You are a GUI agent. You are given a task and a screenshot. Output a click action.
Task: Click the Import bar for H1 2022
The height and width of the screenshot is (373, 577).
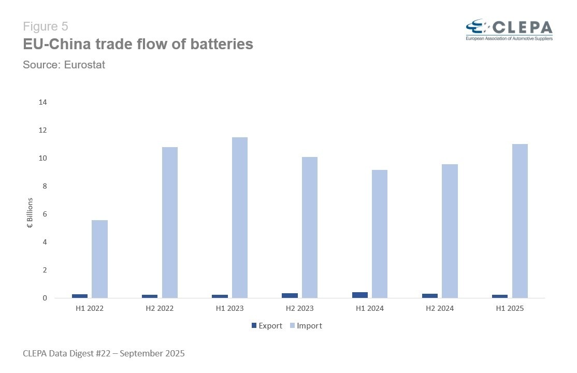tap(100, 259)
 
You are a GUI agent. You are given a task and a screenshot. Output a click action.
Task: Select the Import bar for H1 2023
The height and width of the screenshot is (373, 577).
tap(240, 218)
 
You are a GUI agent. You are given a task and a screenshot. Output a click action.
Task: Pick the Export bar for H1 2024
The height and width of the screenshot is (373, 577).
tap(360, 295)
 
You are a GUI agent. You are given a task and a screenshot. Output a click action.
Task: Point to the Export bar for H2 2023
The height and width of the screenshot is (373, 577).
tap(290, 295)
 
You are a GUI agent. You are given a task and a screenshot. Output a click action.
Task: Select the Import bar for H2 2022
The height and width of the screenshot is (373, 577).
tap(170, 223)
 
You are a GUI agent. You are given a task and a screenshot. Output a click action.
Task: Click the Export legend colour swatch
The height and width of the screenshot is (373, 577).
tap(254, 326)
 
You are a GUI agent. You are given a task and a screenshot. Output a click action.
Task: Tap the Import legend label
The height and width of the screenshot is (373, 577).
tap(309, 326)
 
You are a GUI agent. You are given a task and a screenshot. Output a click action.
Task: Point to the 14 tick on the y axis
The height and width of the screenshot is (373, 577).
tap(43, 102)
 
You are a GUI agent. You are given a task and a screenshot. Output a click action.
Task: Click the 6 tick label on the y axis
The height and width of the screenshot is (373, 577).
tap(45, 214)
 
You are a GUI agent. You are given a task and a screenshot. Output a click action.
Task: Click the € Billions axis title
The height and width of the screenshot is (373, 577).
tap(30, 213)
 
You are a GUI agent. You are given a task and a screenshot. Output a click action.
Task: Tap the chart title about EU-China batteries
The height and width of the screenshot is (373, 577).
tap(138, 45)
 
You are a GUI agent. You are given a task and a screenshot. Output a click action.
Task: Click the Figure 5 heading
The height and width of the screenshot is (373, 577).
tap(46, 26)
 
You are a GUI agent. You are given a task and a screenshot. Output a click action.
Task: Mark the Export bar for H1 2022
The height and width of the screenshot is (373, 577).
tap(80, 296)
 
